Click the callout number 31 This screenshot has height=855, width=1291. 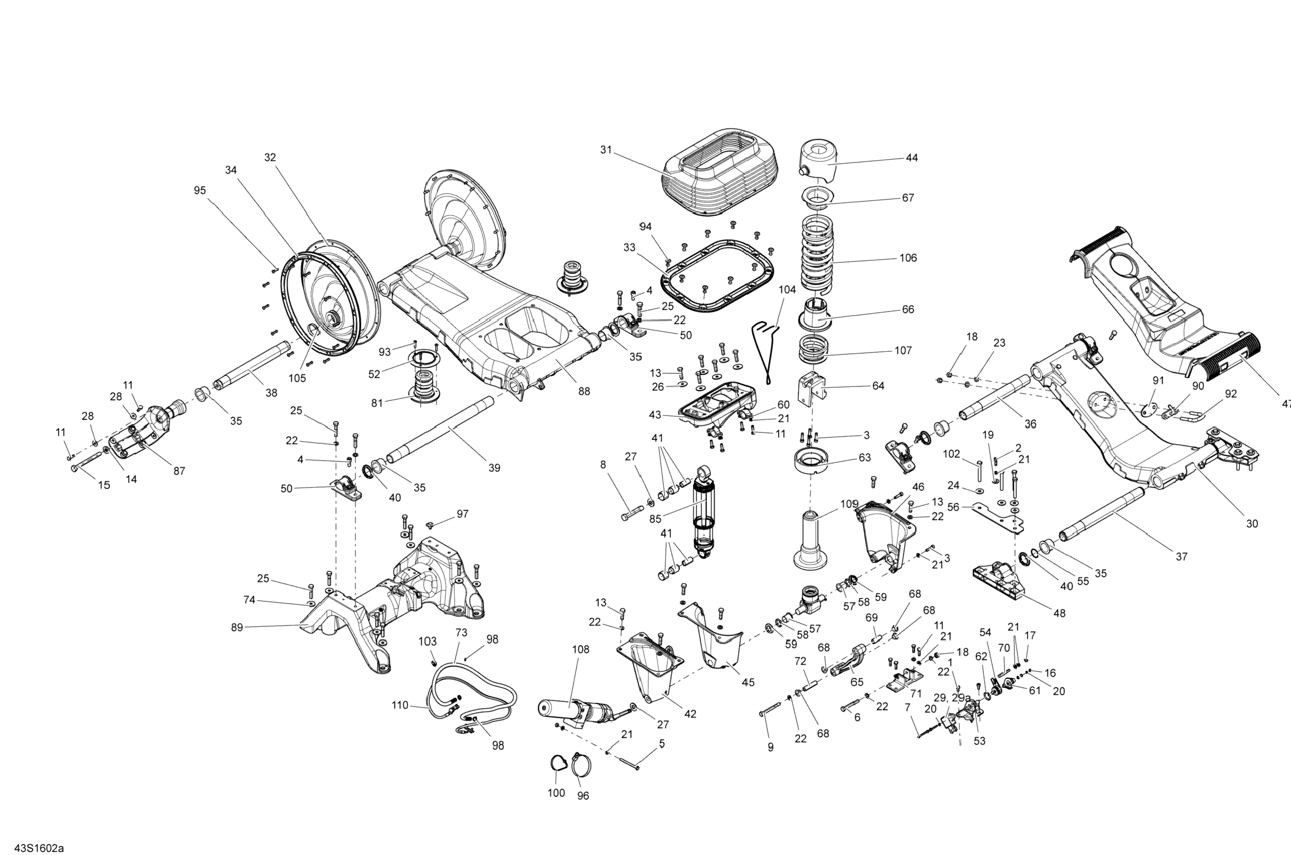coord(606,149)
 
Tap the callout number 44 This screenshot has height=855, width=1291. coord(912,158)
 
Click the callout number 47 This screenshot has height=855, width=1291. coord(1286,404)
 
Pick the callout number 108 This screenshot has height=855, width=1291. coord(580,650)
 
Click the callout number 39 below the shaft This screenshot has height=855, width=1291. coord(494,468)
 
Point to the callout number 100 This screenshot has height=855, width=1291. coord(556,793)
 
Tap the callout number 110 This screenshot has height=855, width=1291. coord(399,705)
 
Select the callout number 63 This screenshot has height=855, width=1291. coord(864,458)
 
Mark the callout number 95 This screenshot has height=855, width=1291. coord(200,190)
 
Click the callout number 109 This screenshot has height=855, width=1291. coord(849,504)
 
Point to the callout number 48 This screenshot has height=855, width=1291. coord(1059,613)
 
